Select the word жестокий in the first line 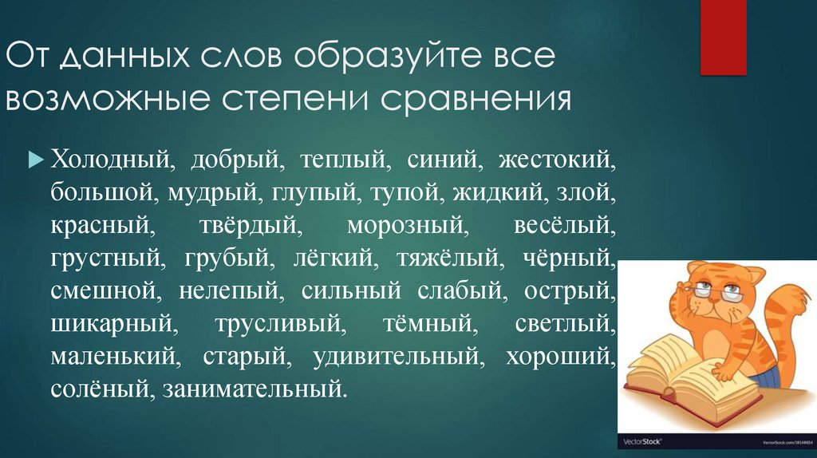[558, 157]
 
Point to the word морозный [408, 225]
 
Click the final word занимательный [255, 391]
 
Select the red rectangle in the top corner [722, 36]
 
